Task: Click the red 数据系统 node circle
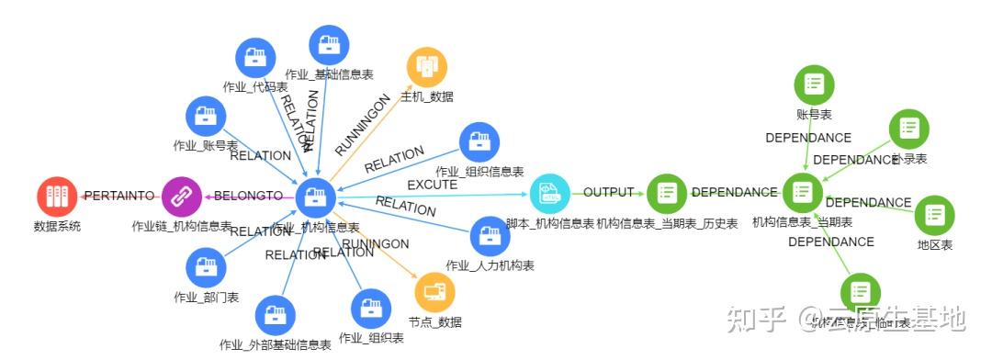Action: coord(58,196)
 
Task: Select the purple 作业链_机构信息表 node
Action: coord(182,196)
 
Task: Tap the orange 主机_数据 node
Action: coord(427,66)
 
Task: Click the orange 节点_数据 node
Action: coord(434,292)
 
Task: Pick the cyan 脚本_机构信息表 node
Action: coord(549,193)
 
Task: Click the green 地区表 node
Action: coord(935,215)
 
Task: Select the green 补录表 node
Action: coord(908,129)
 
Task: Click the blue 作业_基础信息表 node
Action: coord(329,44)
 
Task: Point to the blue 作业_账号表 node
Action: coord(206,116)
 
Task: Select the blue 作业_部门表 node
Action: coord(206,268)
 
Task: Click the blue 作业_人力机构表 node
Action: coord(490,236)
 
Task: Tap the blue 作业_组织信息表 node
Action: coord(479,141)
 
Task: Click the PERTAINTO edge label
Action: coord(118,196)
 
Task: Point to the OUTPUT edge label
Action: coord(609,192)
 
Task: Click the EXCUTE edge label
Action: coord(432,185)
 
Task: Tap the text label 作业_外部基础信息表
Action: coord(276,345)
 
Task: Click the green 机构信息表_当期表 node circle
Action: coord(802,193)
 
